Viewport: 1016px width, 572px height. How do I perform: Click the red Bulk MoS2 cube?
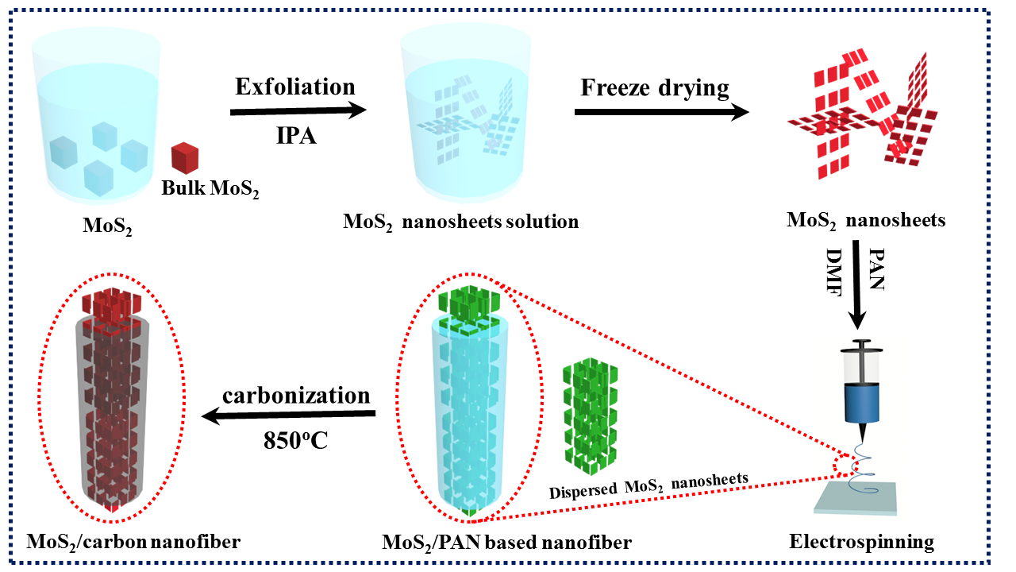[x=184, y=157]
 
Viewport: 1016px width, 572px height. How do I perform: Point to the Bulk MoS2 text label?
[x=210, y=189]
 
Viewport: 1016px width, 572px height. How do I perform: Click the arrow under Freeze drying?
[x=661, y=112]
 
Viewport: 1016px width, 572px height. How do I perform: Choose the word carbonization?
[x=296, y=395]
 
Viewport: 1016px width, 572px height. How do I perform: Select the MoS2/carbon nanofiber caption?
[x=133, y=543]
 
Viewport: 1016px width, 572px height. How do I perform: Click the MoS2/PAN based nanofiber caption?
[x=506, y=543]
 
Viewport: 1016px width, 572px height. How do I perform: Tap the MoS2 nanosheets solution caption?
[x=460, y=221]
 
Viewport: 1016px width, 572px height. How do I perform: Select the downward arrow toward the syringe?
[x=857, y=286]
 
